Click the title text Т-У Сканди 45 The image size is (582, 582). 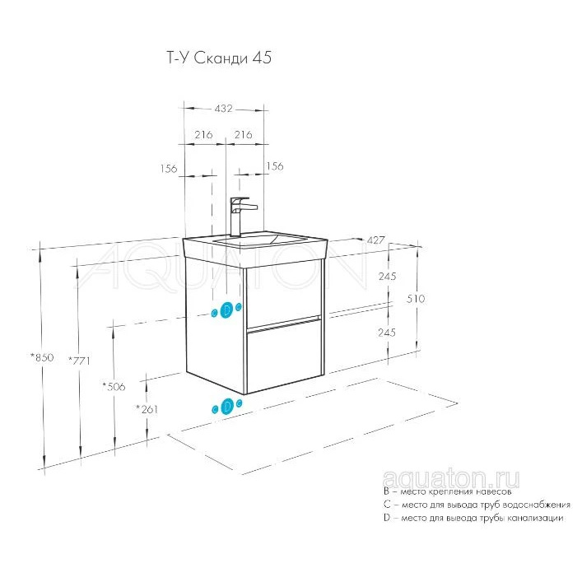point(219,58)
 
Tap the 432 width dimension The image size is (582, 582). point(223,109)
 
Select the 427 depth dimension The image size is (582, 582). point(375,240)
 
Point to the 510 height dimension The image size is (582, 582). point(416,299)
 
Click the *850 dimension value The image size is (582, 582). point(42,357)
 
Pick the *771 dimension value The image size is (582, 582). point(79,360)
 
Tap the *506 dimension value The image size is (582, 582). point(114,387)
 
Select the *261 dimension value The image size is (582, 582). point(147,409)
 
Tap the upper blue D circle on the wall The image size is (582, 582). point(226,310)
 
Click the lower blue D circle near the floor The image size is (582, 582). point(226,406)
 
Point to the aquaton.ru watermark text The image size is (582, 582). point(450,479)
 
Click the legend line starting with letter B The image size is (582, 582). point(448,491)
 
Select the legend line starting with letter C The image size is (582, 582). point(477,505)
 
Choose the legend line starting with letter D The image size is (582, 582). point(473,518)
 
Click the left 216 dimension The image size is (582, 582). point(204,134)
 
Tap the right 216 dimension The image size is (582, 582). point(243,134)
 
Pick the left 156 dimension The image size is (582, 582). point(169,169)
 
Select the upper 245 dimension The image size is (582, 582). point(387,276)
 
